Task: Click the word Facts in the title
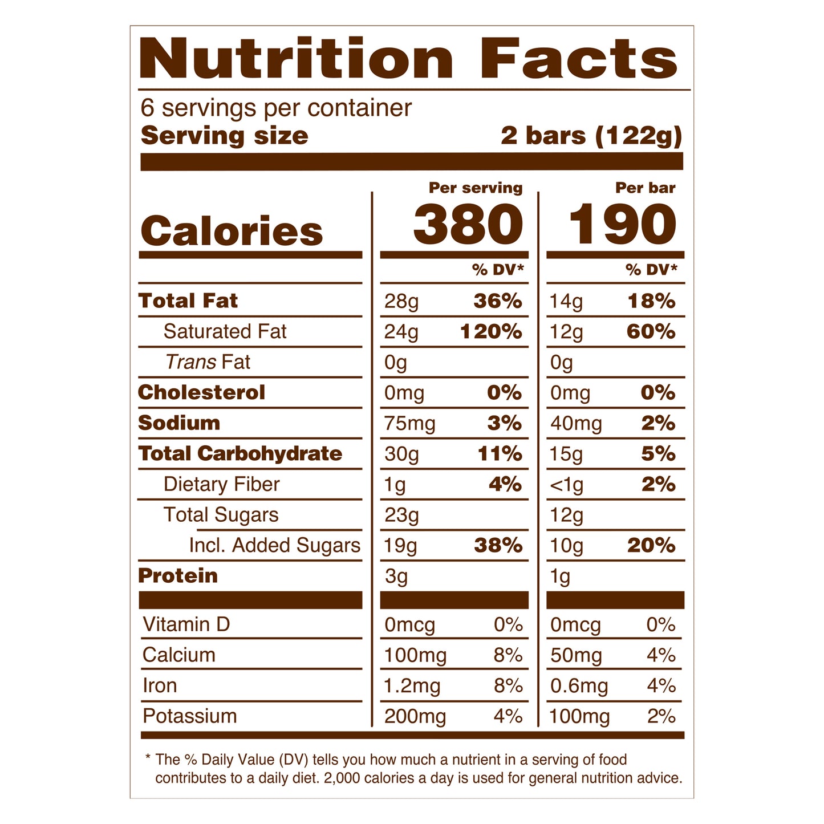click(x=578, y=59)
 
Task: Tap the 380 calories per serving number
click(x=468, y=225)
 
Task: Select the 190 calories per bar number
click(x=622, y=225)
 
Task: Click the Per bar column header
click(x=645, y=188)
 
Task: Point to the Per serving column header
click(x=476, y=188)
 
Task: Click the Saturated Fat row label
click(x=225, y=331)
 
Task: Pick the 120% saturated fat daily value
click(x=491, y=331)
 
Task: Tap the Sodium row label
click(x=179, y=423)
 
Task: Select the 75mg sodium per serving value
click(x=409, y=424)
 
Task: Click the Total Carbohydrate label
click(x=240, y=453)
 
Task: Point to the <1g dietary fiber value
click(x=566, y=485)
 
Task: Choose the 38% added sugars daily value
click(x=498, y=546)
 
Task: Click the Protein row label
click(x=178, y=576)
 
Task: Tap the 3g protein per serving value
click(x=396, y=577)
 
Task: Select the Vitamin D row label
click(x=186, y=624)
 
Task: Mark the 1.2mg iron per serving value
click(x=412, y=686)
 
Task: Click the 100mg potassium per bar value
click(x=579, y=717)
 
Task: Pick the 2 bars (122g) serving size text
click(x=591, y=136)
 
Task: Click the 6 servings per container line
click(x=276, y=108)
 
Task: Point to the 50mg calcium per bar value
click(x=576, y=655)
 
